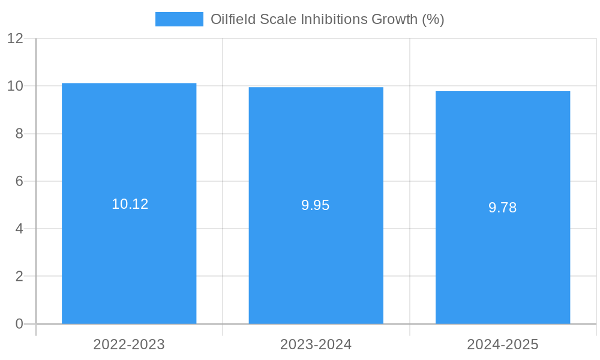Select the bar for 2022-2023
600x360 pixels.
(x=129, y=252)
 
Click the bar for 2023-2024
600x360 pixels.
(x=316, y=258)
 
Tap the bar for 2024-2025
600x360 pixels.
(x=503, y=264)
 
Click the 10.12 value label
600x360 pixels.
(x=130, y=204)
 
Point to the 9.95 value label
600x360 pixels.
(x=316, y=205)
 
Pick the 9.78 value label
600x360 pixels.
(x=502, y=208)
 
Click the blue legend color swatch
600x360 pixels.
(x=179, y=19)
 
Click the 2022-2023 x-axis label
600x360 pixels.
(x=129, y=344)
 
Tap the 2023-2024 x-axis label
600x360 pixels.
(x=316, y=344)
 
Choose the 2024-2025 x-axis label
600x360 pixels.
(x=503, y=344)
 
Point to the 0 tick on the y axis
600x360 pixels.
(x=19, y=324)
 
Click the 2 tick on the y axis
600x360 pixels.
(x=19, y=277)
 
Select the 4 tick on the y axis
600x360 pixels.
(x=19, y=229)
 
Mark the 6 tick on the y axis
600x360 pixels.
(x=19, y=181)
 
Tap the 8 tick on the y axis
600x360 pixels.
(x=19, y=134)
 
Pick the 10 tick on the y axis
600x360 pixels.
(x=16, y=86)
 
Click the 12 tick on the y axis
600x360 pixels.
(x=16, y=38)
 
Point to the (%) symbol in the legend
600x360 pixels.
(x=433, y=19)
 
